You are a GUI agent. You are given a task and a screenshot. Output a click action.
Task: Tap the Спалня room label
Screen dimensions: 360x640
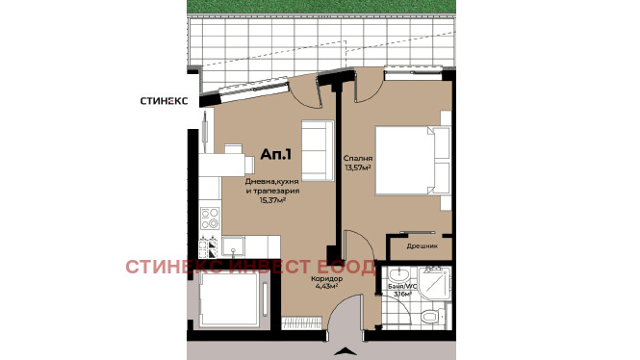point(357,158)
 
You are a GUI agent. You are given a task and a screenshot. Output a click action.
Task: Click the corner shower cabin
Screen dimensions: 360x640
point(431,281)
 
